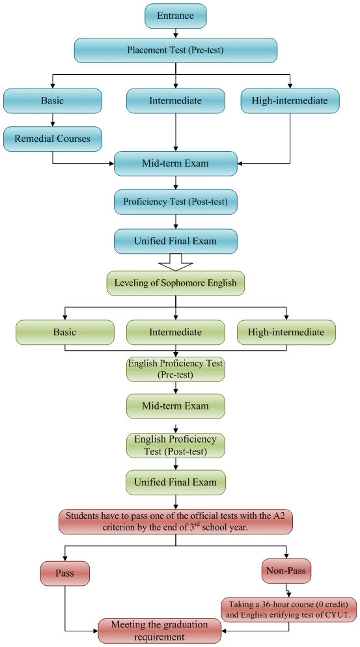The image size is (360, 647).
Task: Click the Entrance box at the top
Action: pos(175,16)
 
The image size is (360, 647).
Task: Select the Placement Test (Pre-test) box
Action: pos(175,50)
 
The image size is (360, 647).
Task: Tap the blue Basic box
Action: pos(53,101)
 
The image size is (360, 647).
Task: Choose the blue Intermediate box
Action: pos(175,101)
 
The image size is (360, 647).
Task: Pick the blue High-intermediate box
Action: pos(289,101)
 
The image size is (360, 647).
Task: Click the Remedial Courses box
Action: pos(53,138)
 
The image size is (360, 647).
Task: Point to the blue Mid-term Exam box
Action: pos(175,163)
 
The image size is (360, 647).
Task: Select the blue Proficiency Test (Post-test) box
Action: pos(175,202)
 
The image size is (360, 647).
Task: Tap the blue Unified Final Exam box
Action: pos(175,241)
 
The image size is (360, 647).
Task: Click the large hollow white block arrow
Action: pos(175,261)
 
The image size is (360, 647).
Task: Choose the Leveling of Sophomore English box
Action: pos(175,282)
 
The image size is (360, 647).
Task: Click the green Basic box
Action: pos(64,332)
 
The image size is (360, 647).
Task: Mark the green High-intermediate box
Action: pos(286,332)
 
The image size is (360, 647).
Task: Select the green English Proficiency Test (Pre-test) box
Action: pos(175,369)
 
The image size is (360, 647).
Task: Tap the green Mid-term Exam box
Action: pos(175,406)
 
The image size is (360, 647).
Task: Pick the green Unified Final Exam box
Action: pos(175,483)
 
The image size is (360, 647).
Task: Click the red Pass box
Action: pos(64,573)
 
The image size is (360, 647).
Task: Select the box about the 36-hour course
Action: pos(288,609)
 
